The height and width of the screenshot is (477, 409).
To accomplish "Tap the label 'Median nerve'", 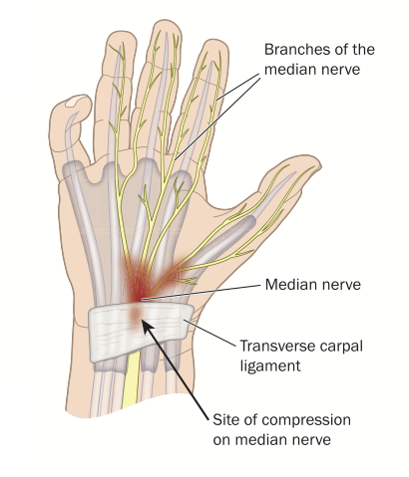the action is [x=313, y=285].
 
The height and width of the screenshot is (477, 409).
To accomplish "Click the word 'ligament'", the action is [x=270, y=366].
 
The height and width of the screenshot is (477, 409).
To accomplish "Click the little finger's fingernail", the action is [x=76, y=101].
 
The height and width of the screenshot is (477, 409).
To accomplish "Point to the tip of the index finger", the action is [x=217, y=42].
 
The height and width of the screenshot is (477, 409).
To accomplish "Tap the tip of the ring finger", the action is [x=121, y=33].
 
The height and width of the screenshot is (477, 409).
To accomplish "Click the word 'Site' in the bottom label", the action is [x=224, y=419].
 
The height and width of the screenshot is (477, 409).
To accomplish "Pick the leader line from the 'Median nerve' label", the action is [x=201, y=292].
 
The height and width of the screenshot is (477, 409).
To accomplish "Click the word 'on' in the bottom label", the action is [x=221, y=441].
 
